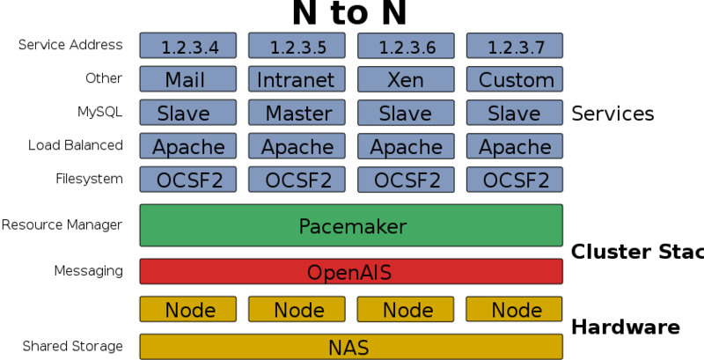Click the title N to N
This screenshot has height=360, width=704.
pos(349,13)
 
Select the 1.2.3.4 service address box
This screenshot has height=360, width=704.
pos(187,46)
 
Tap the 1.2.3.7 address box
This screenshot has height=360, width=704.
pos(514,46)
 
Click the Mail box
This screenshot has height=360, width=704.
pos(187,79)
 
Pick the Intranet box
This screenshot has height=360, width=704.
pos(296,79)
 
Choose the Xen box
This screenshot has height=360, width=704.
pos(405,79)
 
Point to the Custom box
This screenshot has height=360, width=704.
pos(514,79)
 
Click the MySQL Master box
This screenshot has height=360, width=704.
pos(296,113)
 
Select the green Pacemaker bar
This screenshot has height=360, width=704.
pos(351,225)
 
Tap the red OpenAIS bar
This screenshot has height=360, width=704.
pos(351,271)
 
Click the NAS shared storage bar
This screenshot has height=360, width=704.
pos(351,347)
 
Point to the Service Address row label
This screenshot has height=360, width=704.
pos(70,45)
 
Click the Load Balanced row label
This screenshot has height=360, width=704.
pos(75,145)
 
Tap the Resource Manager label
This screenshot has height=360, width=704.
pos(62,225)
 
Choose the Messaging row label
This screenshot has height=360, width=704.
pos(88,270)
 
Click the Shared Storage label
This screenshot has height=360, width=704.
pos(73,346)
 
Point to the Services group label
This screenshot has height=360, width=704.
pos(612,114)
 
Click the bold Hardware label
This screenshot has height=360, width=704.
pos(626,327)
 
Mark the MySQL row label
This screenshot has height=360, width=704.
pos(99,112)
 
